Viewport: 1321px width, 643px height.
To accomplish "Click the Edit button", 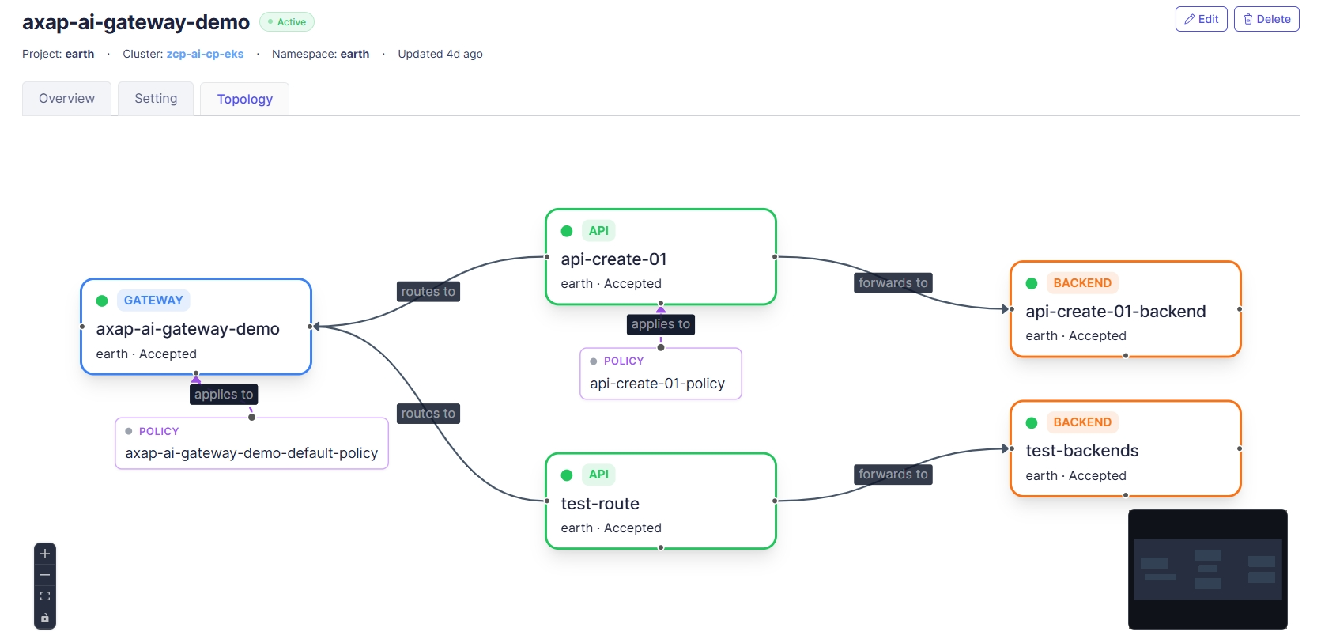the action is pyautogui.click(x=1202, y=19).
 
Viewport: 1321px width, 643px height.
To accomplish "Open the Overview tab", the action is pyautogui.click(x=66, y=99).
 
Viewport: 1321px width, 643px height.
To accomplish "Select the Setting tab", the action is pyautogui.click(x=156, y=99).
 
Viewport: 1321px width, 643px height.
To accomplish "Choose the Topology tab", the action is pyautogui.click(x=245, y=99).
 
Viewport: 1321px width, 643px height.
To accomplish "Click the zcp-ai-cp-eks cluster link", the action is pyautogui.click(x=206, y=54).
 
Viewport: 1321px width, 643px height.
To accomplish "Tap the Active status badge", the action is pyautogui.click(x=287, y=22).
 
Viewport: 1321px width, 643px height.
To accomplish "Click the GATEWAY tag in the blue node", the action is pyautogui.click(x=153, y=301).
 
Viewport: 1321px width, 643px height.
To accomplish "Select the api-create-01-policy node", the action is pyautogui.click(x=661, y=373).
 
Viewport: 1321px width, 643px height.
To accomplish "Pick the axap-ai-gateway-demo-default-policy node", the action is pyautogui.click(x=252, y=444).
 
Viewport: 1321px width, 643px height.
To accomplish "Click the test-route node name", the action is pyautogui.click(x=600, y=503).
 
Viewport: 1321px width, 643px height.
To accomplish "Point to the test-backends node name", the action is pyautogui.click(x=1082, y=451).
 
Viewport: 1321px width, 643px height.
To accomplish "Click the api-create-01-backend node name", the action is pyautogui.click(x=1115, y=311).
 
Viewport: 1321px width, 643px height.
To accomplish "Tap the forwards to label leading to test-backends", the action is pyautogui.click(x=893, y=475).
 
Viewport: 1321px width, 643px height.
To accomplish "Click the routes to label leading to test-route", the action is pyautogui.click(x=428, y=414).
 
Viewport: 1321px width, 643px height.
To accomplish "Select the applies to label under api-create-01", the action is pyautogui.click(x=661, y=323).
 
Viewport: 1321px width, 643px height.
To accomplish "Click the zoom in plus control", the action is pyautogui.click(x=45, y=554).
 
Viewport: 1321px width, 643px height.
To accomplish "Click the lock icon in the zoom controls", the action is pyautogui.click(x=45, y=618).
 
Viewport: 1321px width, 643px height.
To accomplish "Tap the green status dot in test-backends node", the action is pyautogui.click(x=1032, y=423).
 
